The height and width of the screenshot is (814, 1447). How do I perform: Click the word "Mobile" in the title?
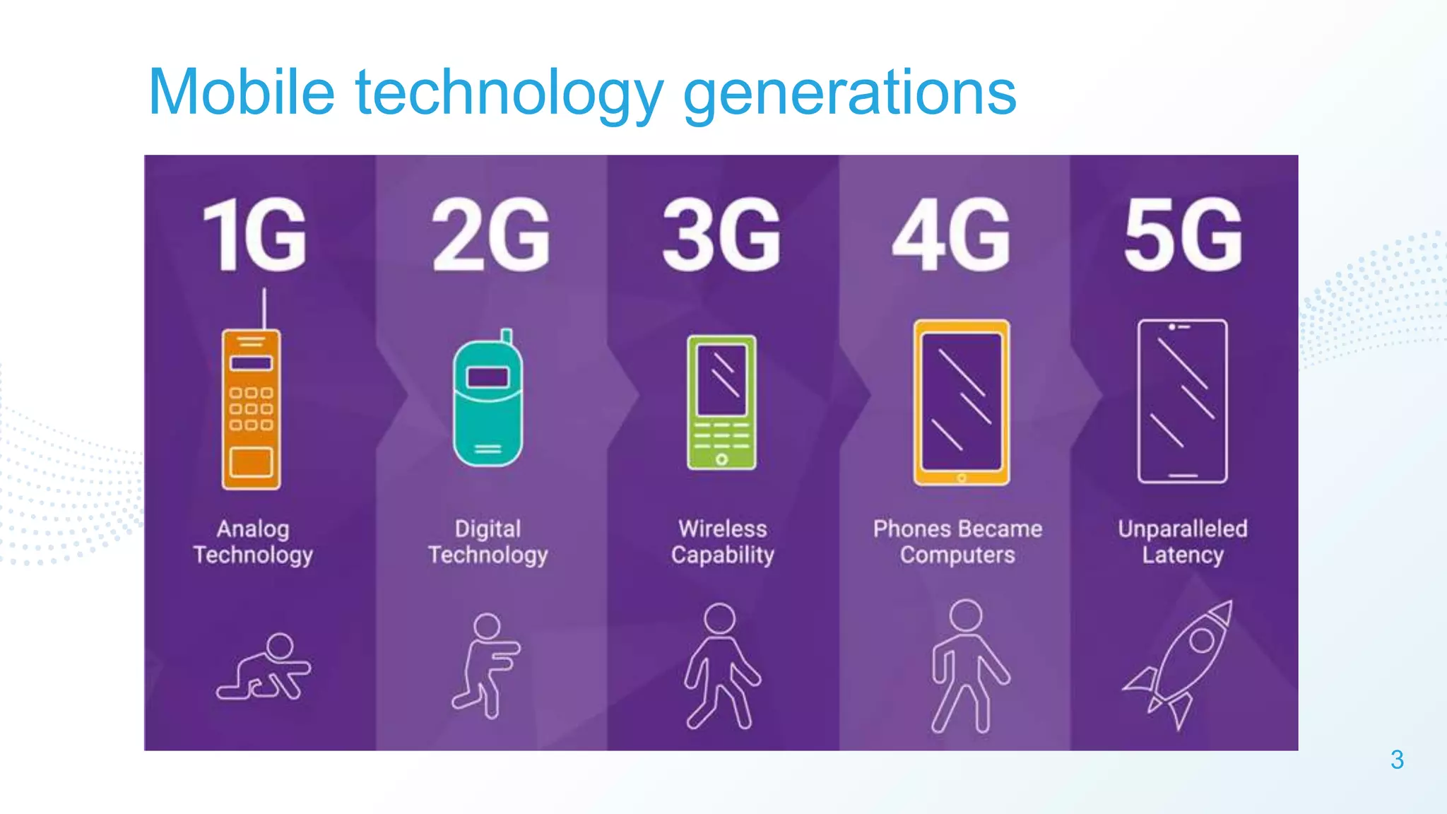(241, 92)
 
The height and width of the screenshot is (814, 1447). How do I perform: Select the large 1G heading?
(255, 235)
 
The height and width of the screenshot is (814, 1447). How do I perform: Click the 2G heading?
(491, 235)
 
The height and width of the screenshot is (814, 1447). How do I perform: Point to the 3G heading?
(721, 235)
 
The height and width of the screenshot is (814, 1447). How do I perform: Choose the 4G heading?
(952, 235)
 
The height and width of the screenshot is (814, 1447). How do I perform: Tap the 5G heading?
(1183, 235)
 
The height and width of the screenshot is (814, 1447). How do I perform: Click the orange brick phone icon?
(251, 409)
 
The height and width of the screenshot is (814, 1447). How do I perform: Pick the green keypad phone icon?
(721, 402)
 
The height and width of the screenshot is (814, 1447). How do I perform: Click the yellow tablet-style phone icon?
(962, 402)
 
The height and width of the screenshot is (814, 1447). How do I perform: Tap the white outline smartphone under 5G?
(1183, 401)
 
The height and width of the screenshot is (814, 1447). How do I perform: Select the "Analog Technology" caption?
(253, 542)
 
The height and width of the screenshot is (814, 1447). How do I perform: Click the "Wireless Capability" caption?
(722, 542)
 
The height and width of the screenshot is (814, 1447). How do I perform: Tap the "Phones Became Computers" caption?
(957, 542)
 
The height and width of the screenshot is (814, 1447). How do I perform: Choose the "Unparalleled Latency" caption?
(1183, 542)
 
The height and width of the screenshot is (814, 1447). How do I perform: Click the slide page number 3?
(1397, 760)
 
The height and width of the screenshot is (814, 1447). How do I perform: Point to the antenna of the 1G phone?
(264, 308)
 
